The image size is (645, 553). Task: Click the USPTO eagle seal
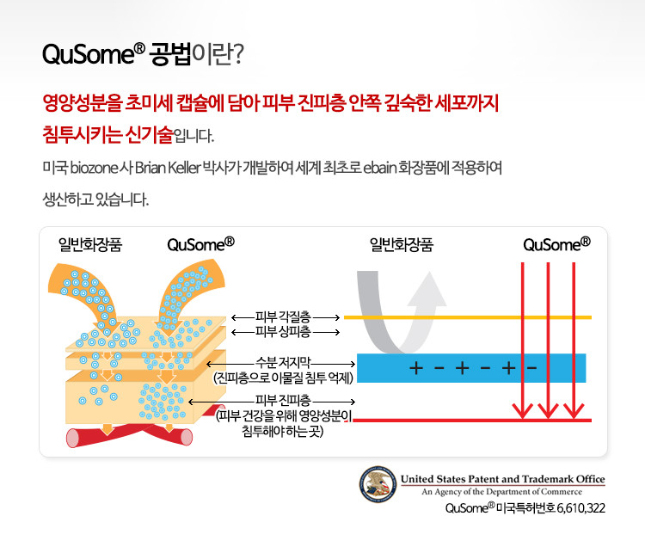(x=378, y=484)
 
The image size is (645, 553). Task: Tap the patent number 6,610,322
(x=580, y=508)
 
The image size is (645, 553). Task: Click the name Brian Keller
(x=168, y=168)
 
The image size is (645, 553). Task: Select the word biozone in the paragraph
(x=95, y=168)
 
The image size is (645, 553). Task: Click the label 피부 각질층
(x=283, y=316)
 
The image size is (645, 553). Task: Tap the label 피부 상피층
(x=283, y=331)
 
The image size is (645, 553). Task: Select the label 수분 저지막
(x=283, y=362)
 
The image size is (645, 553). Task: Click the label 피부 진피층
(x=283, y=400)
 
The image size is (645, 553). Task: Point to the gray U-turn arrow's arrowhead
(x=427, y=289)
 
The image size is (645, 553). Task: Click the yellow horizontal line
(x=468, y=317)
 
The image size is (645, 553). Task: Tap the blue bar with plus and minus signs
(x=471, y=368)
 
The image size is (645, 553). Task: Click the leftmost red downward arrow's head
(x=522, y=410)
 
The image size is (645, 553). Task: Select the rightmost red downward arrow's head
(x=574, y=410)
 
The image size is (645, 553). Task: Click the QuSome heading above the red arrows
(x=556, y=244)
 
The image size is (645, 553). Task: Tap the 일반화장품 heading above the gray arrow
(x=402, y=245)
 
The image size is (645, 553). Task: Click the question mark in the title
(x=237, y=54)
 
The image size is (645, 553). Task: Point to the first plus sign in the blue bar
(x=416, y=367)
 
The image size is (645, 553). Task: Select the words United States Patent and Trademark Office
(x=503, y=479)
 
